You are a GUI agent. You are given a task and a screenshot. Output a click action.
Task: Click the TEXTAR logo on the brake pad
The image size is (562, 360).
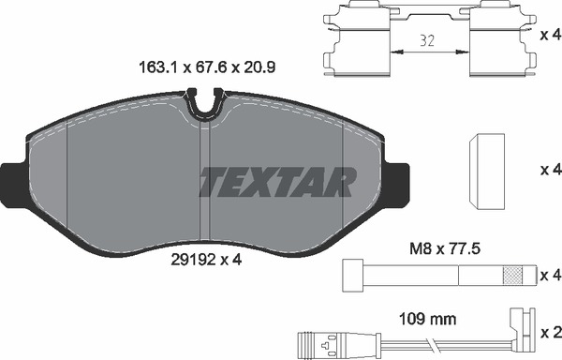click(x=277, y=182)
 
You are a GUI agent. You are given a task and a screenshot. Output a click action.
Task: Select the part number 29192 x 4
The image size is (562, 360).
click(x=207, y=262)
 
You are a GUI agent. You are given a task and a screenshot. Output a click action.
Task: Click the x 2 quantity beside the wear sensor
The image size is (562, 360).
click(x=551, y=331)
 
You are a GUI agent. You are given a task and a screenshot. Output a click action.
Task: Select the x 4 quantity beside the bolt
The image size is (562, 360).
click(x=551, y=276)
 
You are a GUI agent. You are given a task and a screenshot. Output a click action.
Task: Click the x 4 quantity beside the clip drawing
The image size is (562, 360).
click(x=551, y=35)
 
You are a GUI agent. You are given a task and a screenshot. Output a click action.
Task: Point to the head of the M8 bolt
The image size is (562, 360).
click(x=354, y=276)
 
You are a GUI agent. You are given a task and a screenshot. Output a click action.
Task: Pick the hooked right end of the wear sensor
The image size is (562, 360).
click(x=517, y=323)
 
